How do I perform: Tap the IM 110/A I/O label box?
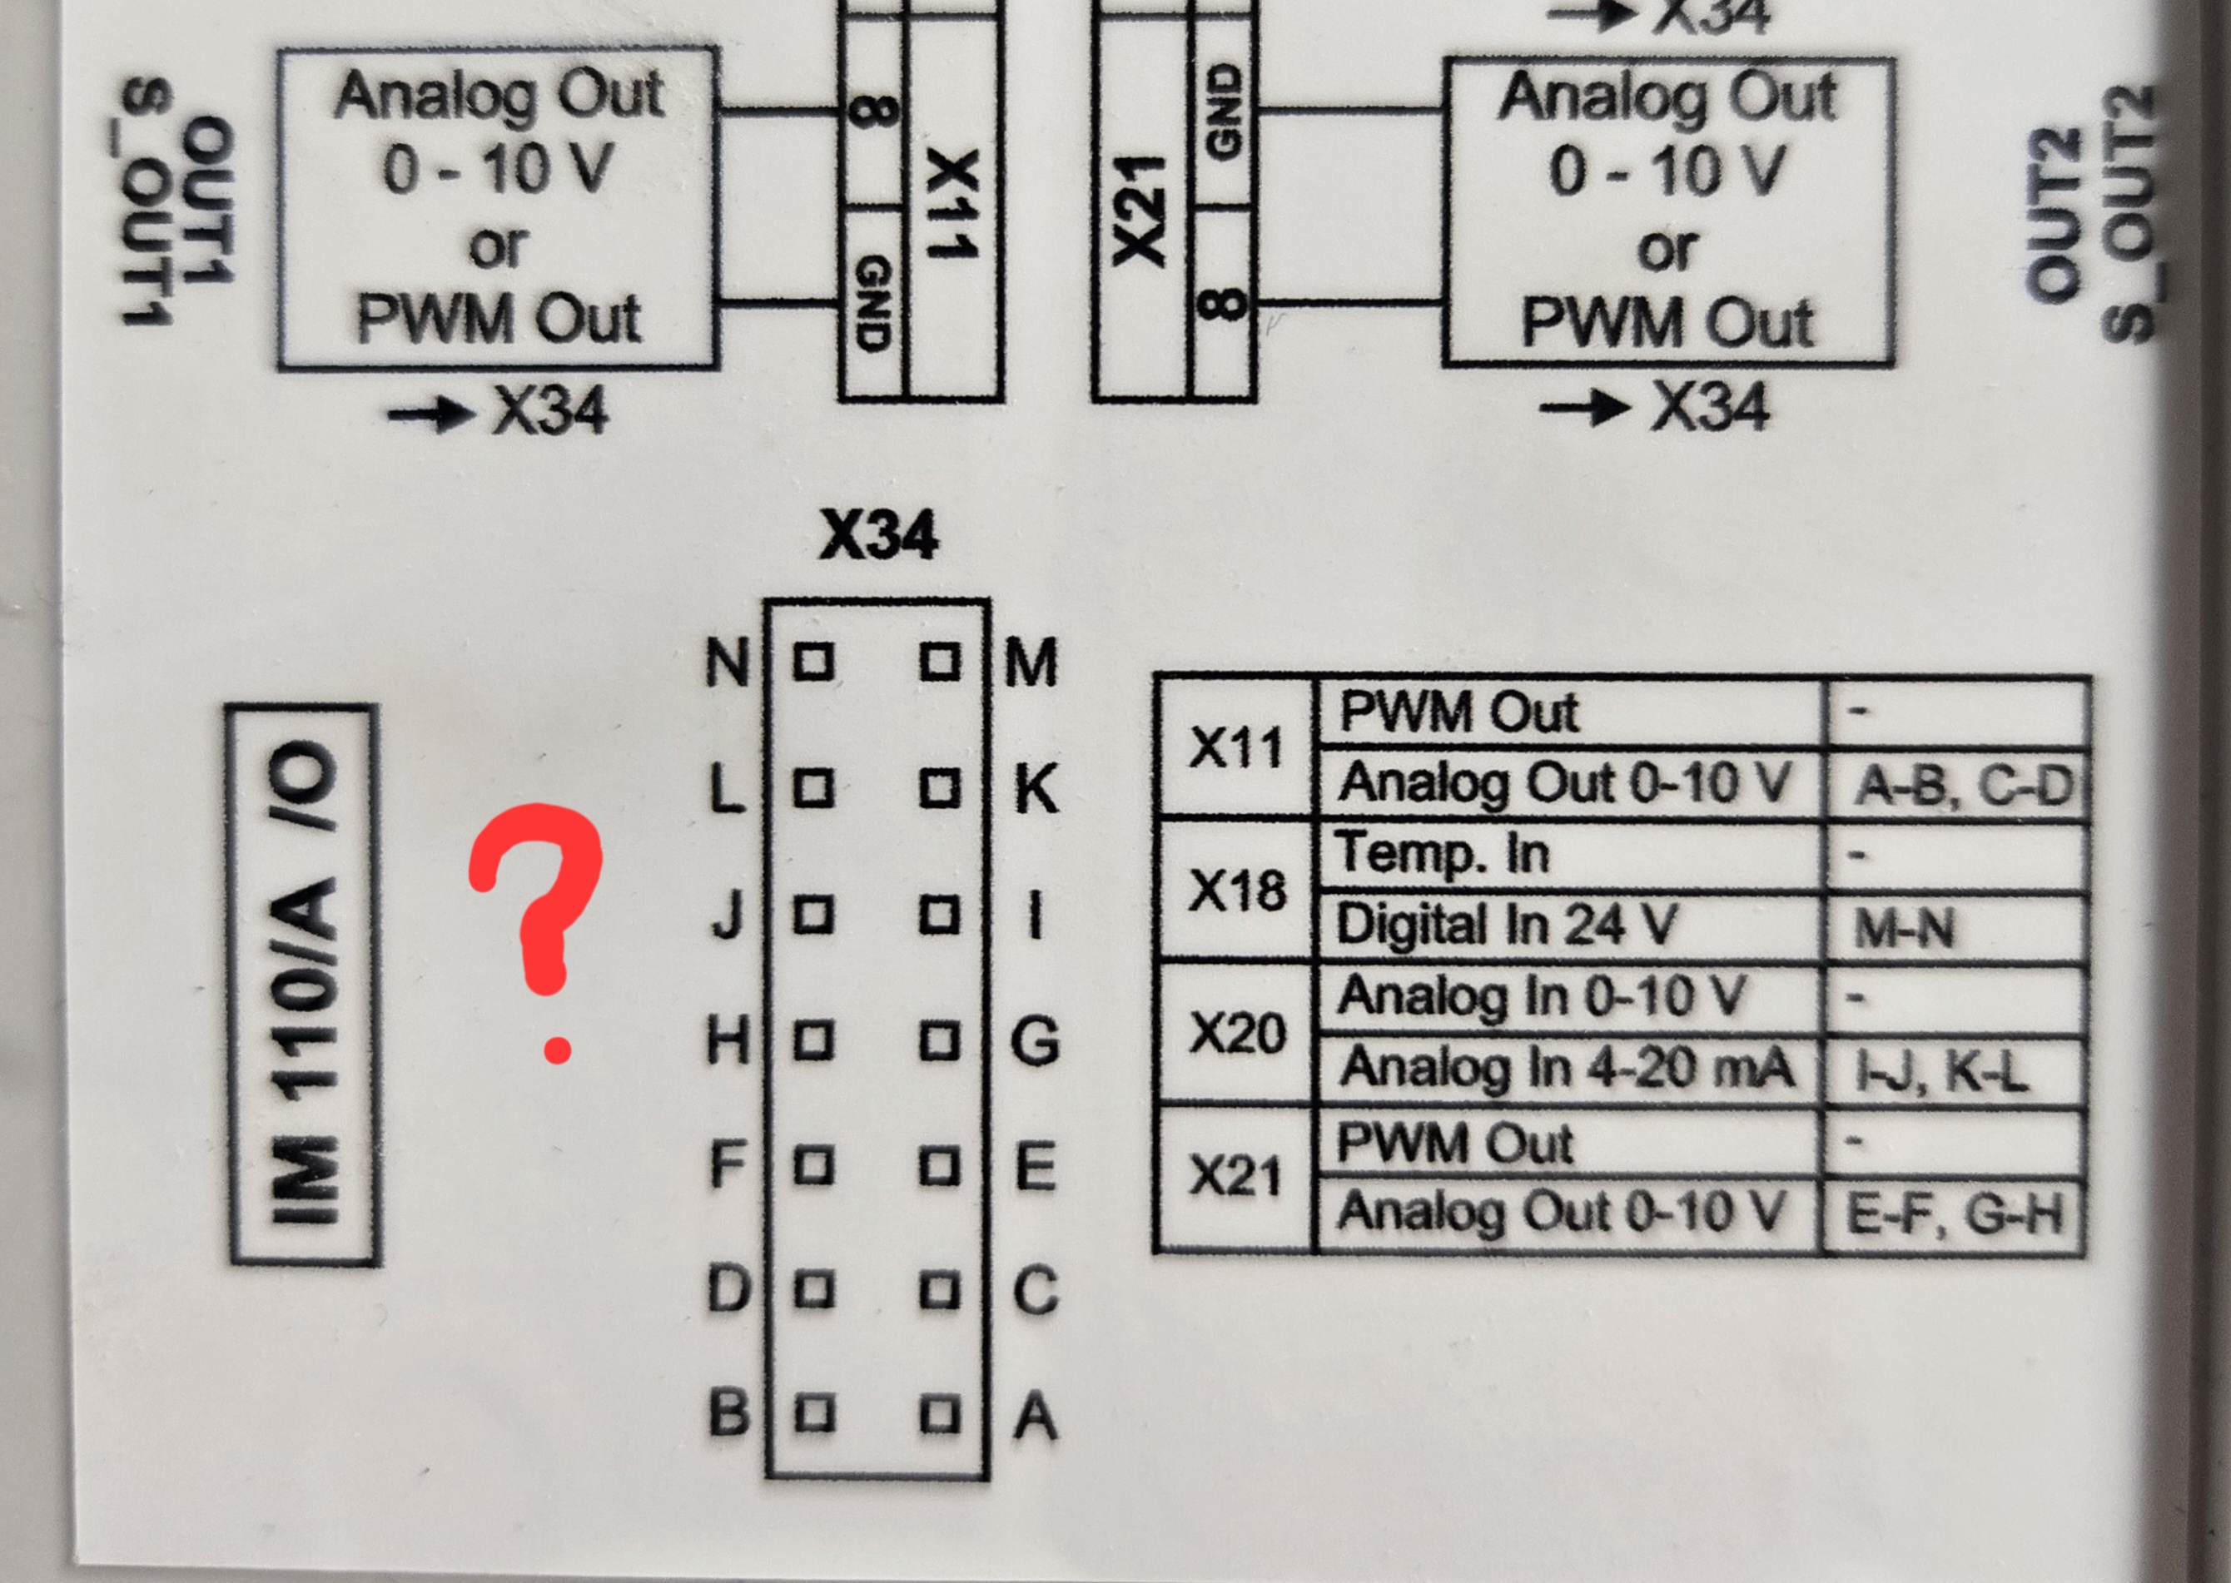(x=303, y=984)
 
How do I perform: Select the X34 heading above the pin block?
(x=878, y=535)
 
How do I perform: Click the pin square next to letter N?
(x=813, y=662)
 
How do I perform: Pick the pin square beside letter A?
(x=940, y=1414)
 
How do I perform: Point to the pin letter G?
(x=1035, y=1041)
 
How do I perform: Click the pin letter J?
(x=728, y=916)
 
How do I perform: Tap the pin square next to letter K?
(x=940, y=787)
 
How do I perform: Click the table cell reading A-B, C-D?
(x=1958, y=785)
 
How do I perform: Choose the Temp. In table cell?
(x=1568, y=854)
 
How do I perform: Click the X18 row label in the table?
(x=1236, y=890)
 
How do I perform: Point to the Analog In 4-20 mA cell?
(x=1568, y=1069)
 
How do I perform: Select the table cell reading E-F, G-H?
(x=1954, y=1214)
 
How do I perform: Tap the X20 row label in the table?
(x=1236, y=1033)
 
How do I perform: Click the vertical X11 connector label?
(x=952, y=205)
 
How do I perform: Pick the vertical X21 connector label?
(x=1139, y=211)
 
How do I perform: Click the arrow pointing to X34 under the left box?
(x=430, y=415)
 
